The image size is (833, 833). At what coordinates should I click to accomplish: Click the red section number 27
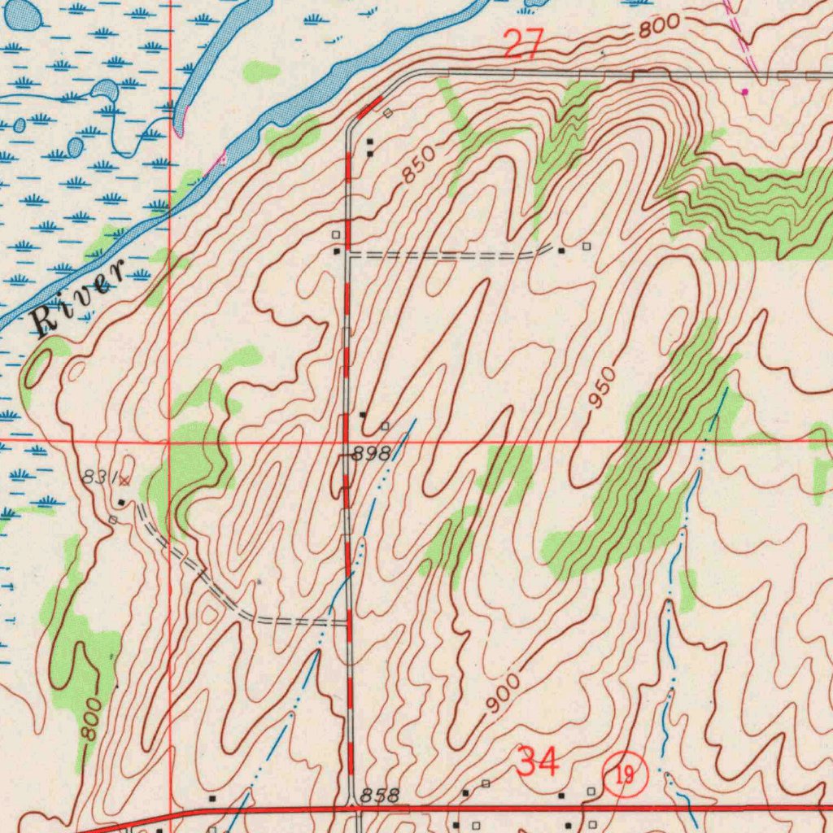pos(524,43)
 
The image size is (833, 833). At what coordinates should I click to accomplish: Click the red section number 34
pos(539,763)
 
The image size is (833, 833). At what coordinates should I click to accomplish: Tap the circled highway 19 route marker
pos(625,774)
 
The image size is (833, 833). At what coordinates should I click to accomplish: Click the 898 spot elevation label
pos(372,455)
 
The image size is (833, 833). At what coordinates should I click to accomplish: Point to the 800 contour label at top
pos(658,28)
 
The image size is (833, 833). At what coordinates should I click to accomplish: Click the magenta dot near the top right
pos(744,92)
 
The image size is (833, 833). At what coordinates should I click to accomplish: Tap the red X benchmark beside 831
pos(124,482)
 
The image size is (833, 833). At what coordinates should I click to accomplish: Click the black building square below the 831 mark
pos(121,502)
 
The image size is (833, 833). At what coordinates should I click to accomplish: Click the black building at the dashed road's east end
pos(561,251)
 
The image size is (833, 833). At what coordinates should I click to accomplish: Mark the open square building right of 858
pos(486,783)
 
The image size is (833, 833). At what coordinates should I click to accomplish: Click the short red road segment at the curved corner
pos(370,107)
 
